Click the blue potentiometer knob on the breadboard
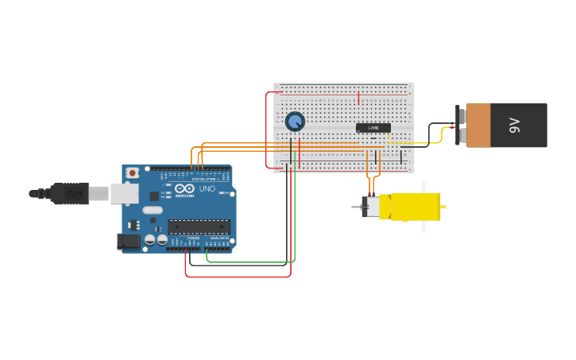(295, 122)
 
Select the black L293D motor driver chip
(373, 128)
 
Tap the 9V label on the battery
(514, 125)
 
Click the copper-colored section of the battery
(478, 125)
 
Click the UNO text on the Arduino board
(207, 188)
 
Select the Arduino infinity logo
(185, 188)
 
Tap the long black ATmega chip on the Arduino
(199, 226)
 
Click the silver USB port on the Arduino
(123, 193)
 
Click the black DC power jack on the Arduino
(127, 242)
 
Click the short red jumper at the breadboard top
(359, 98)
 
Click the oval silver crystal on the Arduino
(153, 211)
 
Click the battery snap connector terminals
(461, 125)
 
